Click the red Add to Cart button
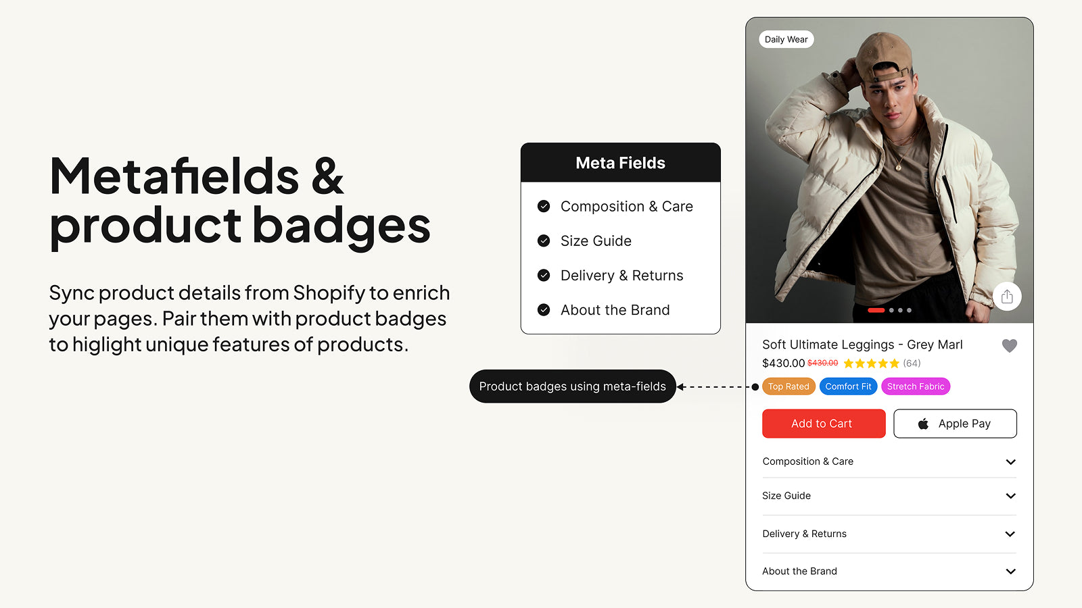click(824, 424)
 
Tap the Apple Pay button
click(955, 424)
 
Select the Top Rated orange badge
click(789, 386)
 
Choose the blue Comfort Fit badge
click(848, 386)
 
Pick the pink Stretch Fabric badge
click(916, 386)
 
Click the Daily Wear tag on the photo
click(786, 40)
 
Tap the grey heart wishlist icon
click(1009, 345)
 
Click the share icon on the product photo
click(1007, 297)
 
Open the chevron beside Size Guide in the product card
click(1010, 496)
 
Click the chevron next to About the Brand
click(1010, 572)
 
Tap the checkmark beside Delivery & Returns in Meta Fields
click(544, 275)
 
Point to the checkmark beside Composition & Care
click(544, 206)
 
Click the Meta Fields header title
click(620, 163)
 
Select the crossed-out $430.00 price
click(822, 363)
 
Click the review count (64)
click(912, 363)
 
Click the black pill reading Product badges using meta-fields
click(572, 386)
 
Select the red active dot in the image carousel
click(876, 310)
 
